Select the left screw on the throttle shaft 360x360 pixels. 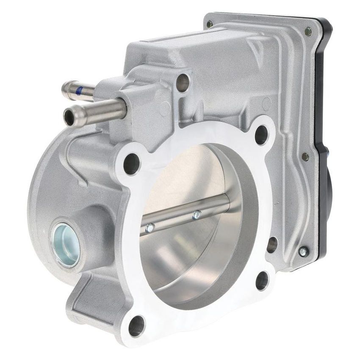click(149, 228)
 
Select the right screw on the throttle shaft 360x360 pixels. click(196, 215)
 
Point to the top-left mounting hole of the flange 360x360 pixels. click(131, 164)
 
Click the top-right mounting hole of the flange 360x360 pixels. click(261, 135)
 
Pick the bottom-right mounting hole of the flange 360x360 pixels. click(262, 280)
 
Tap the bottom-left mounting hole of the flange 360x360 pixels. click(136, 326)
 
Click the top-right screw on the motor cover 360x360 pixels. click(308, 31)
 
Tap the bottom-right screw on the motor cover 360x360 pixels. click(303, 251)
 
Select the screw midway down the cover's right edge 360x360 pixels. click(305, 157)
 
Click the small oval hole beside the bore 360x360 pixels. click(271, 245)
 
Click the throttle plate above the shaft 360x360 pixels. click(186, 178)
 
